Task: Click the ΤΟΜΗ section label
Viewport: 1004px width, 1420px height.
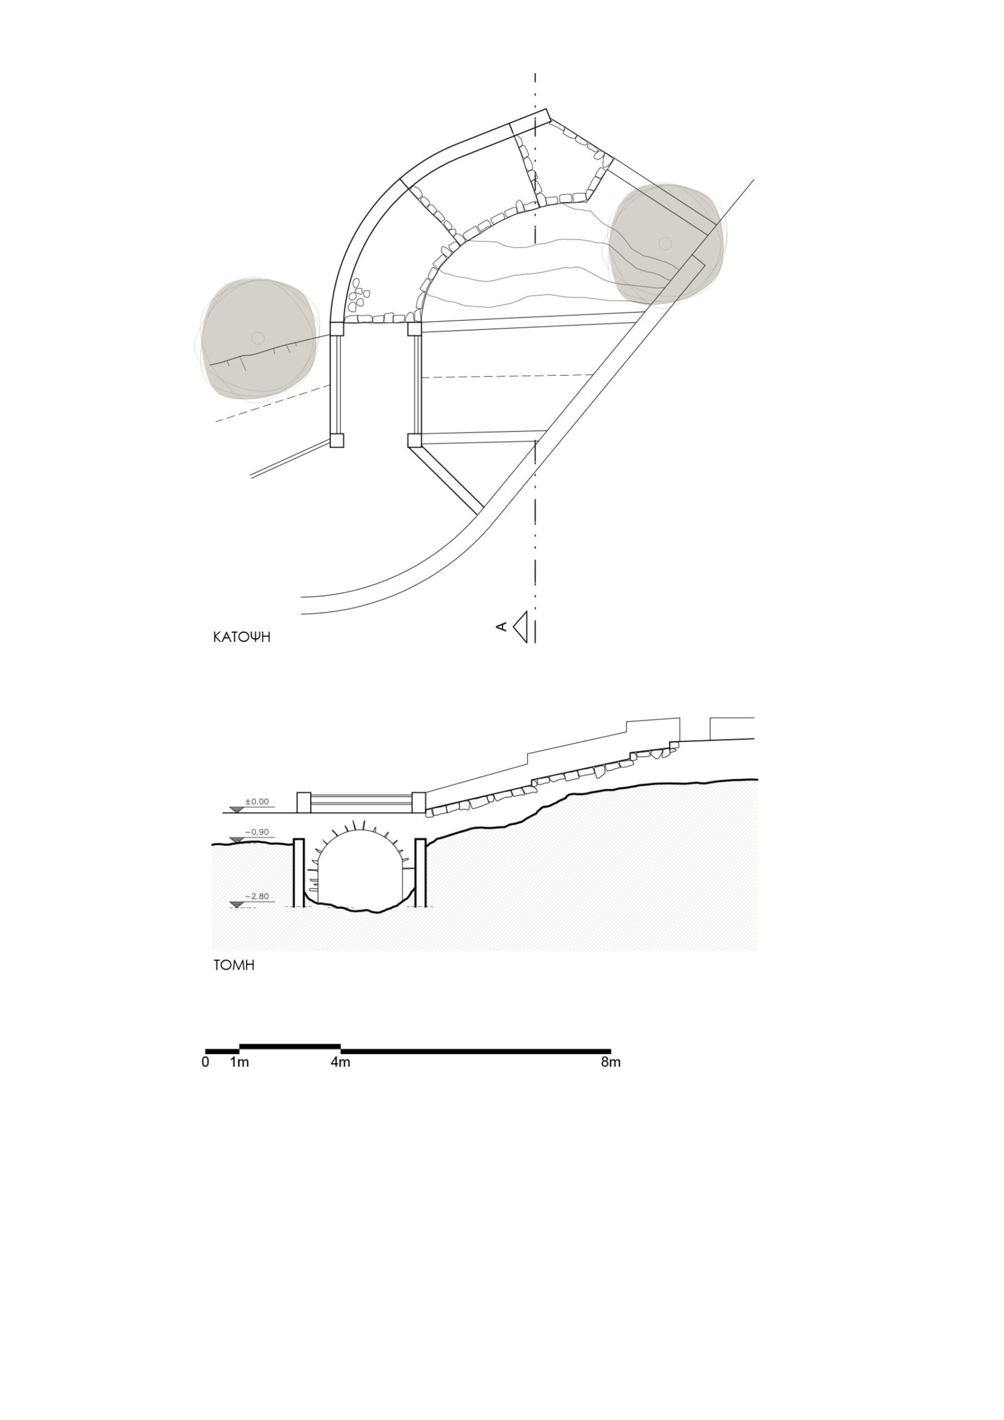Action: [234, 965]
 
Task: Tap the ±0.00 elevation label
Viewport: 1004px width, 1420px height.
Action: [257, 802]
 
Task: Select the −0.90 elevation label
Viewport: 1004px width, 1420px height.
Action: [257, 833]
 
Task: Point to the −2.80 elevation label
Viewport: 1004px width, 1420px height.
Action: [257, 896]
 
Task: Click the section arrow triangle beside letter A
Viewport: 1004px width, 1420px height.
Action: [521, 627]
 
